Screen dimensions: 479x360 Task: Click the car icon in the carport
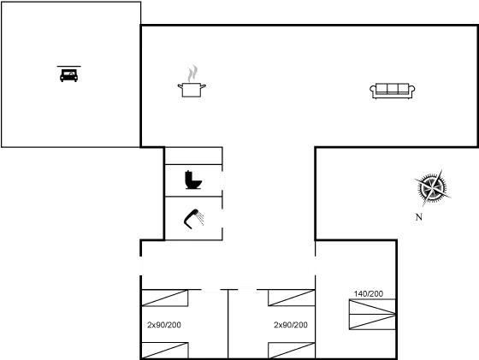pos(68,75)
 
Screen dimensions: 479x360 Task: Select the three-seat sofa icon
pos(393,91)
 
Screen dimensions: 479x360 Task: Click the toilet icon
pos(193,180)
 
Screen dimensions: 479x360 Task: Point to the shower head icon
pos(193,219)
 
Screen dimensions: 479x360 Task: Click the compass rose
pos(432,188)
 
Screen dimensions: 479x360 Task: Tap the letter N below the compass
pos(419,217)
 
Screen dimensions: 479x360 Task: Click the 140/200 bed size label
pos(369,294)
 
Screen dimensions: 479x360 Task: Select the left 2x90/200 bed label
pos(164,325)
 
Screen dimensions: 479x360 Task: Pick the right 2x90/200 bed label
pos(291,325)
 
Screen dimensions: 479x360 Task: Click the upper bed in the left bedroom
pos(165,298)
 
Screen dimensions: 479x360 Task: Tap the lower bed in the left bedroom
pos(165,351)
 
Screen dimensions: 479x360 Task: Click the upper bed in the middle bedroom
pos(292,298)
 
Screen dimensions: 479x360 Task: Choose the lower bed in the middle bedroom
pos(292,351)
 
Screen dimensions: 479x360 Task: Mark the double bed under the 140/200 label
pos(372,315)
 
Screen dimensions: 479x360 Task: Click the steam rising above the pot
pos(192,74)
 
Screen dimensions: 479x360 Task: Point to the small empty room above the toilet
pos(193,156)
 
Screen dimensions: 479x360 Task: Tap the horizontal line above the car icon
pos(69,66)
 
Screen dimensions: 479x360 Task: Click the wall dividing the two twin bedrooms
pos(228,324)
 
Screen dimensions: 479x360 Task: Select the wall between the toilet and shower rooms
pos(193,197)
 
